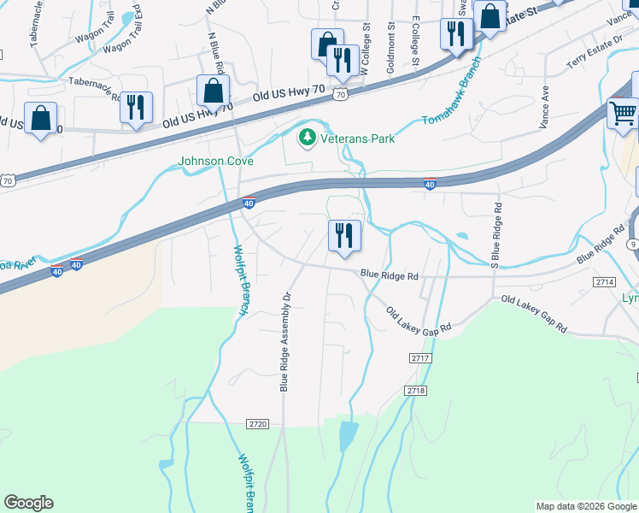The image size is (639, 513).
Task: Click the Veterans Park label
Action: pyautogui.click(x=357, y=138)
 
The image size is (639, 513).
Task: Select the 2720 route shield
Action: pyautogui.click(x=257, y=424)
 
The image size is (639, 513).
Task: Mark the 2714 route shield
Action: pyautogui.click(x=605, y=281)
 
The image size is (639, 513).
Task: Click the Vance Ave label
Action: pyautogui.click(x=543, y=108)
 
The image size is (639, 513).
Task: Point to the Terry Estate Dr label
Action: pyautogui.click(x=595, y=52)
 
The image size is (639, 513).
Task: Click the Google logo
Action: pyautogui.click(x=28, y=503)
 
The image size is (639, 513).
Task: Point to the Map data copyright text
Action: pyautogui.click(x=586, y=506)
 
